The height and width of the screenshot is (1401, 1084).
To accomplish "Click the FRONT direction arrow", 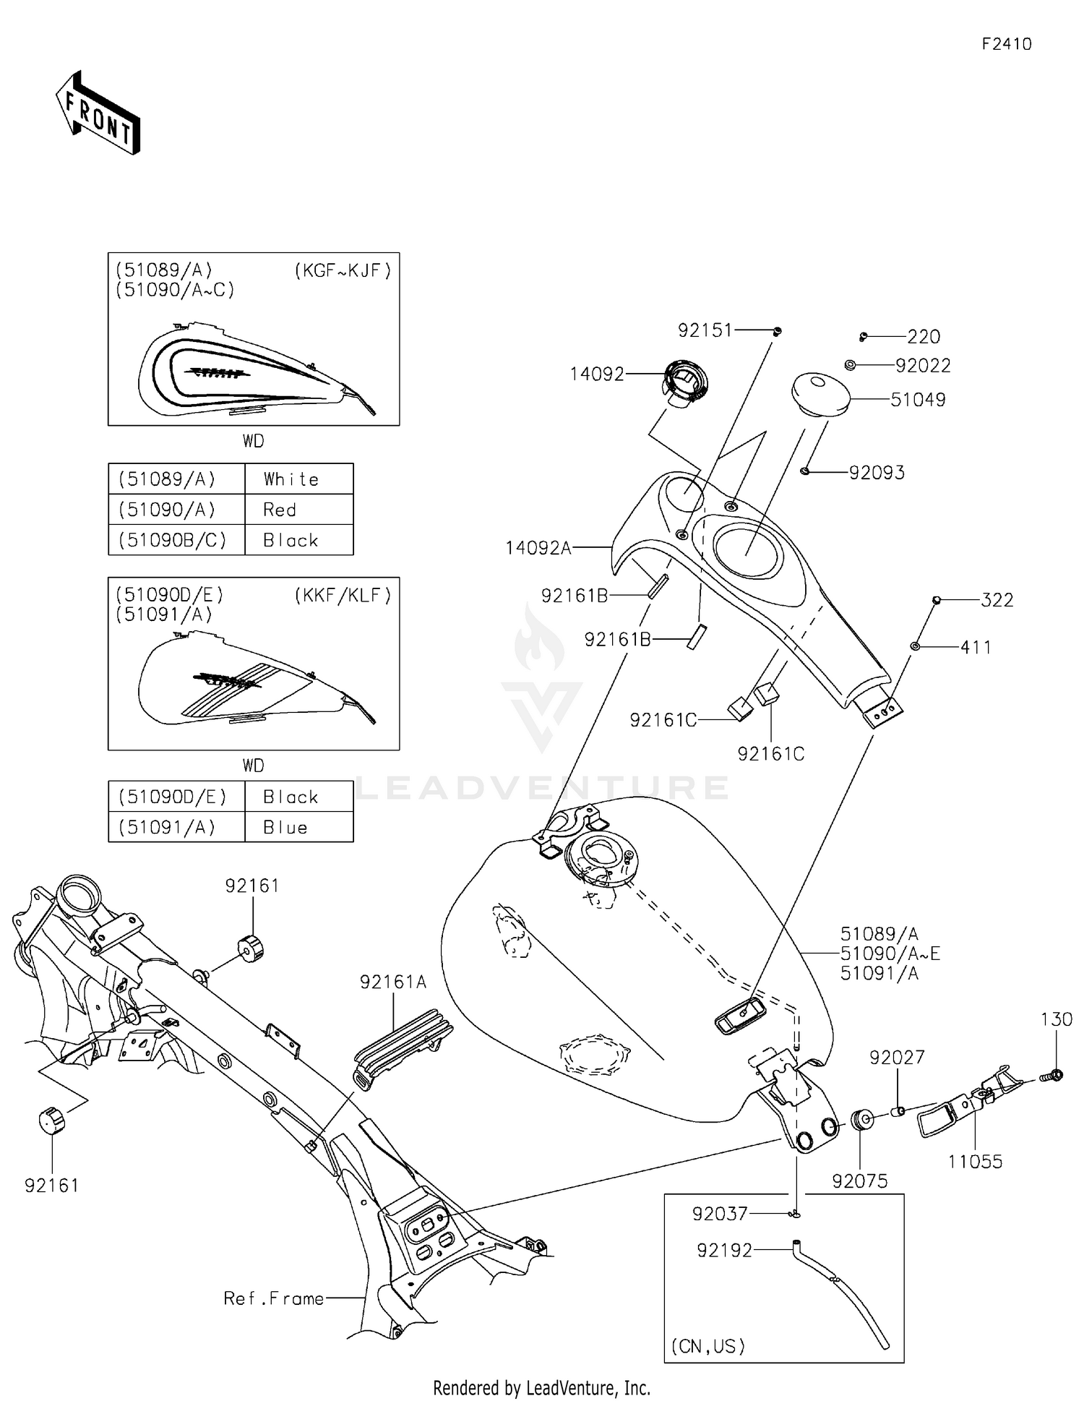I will pos(98,114).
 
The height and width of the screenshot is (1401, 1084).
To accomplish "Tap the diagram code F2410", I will pos(1006,44).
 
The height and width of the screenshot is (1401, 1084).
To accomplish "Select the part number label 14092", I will pos(596,374).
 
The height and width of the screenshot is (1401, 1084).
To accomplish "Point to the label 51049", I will pos(917,399).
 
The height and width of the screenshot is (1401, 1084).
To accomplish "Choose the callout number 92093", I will pos(876,472).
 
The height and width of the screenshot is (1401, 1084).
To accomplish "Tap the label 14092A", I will pos(538,548).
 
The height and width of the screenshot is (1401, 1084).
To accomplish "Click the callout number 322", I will pos(997,599).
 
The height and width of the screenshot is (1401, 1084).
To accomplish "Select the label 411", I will pos(976,647).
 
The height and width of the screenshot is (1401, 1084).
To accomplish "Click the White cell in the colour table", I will pos(291,479).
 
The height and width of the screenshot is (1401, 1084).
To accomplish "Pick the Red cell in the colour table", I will pos(280,510).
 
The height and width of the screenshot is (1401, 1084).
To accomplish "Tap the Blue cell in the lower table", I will pos(285,827).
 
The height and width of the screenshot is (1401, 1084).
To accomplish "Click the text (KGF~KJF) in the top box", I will pos(343,270).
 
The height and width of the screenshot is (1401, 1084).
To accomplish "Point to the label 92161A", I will pos(393,981).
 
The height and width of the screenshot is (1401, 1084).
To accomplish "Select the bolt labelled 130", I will pos(1052,1076).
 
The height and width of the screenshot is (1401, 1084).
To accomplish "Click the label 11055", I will pos(975,1162).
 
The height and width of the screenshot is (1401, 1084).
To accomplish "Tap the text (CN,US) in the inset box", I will pos(707,1345).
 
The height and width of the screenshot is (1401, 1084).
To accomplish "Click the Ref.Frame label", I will pos(273,1298).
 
